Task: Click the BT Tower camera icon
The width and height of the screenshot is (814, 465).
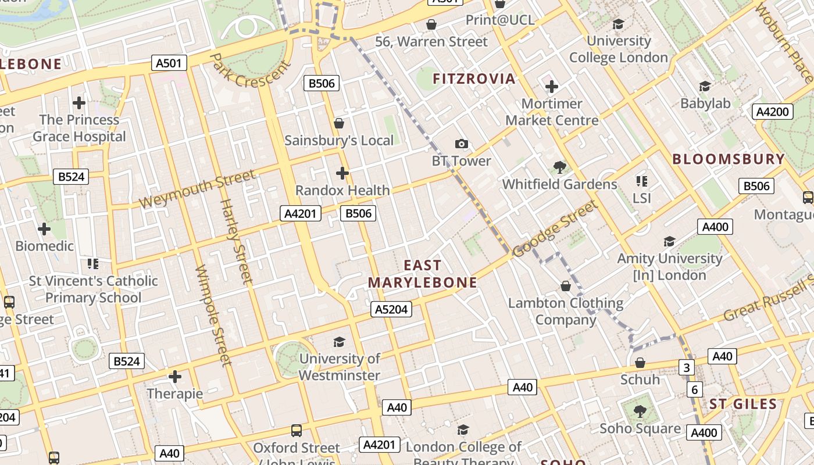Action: coord(461,144)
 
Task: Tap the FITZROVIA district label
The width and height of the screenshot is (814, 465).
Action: coord(474,79)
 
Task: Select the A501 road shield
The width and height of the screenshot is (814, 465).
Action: coord(169,63)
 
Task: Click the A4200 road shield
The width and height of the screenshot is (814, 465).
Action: coord(773,112)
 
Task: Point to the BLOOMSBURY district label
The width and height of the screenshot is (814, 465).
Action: coord(729,159)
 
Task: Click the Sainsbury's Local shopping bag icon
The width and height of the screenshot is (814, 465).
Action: coord(339,123)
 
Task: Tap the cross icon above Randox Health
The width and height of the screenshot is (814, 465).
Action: coord(342,173)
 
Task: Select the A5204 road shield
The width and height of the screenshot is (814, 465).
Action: coord(391,309)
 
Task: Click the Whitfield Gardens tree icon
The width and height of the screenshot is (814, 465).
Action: coord(560,167)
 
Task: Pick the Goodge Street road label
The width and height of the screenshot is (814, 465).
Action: coord(555,228)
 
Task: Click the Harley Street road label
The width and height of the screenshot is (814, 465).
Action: coord(237,241)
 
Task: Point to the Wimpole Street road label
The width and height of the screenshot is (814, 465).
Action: coord(214,316)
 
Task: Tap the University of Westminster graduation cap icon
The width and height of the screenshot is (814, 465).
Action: coord(339,342)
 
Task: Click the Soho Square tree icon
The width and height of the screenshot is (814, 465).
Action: coord(640,412)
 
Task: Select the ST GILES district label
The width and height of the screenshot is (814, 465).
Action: coord(743,405)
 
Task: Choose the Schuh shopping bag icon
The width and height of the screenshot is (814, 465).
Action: coord(640,363)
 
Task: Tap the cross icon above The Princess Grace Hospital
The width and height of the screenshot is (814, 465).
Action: coord(79,103)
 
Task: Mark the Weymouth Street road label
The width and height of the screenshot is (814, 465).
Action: coord(197,189)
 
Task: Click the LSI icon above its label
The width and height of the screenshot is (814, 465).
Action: coord(642,181)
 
